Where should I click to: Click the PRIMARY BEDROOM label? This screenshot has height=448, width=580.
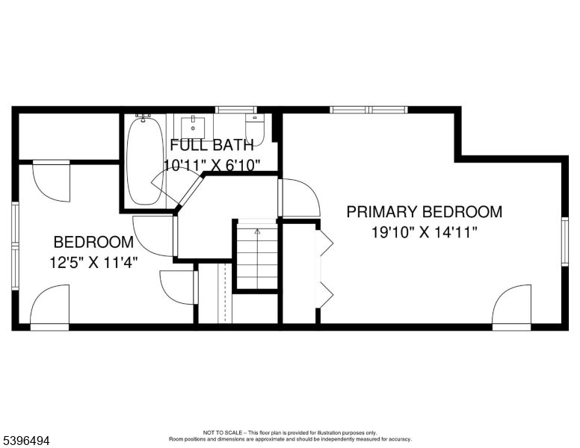(424, 212)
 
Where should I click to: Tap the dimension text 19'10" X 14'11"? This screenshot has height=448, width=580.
(424, 231)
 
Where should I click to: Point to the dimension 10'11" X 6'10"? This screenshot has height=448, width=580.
(212, 165)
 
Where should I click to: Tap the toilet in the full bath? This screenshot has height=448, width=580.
(255, 128)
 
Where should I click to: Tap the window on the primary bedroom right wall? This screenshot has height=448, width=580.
(564, 241)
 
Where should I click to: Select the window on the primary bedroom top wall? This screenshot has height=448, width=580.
(368, 110)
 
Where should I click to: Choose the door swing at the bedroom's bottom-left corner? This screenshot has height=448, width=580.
(50, 306)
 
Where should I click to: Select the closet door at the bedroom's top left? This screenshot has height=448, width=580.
(52, 181)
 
